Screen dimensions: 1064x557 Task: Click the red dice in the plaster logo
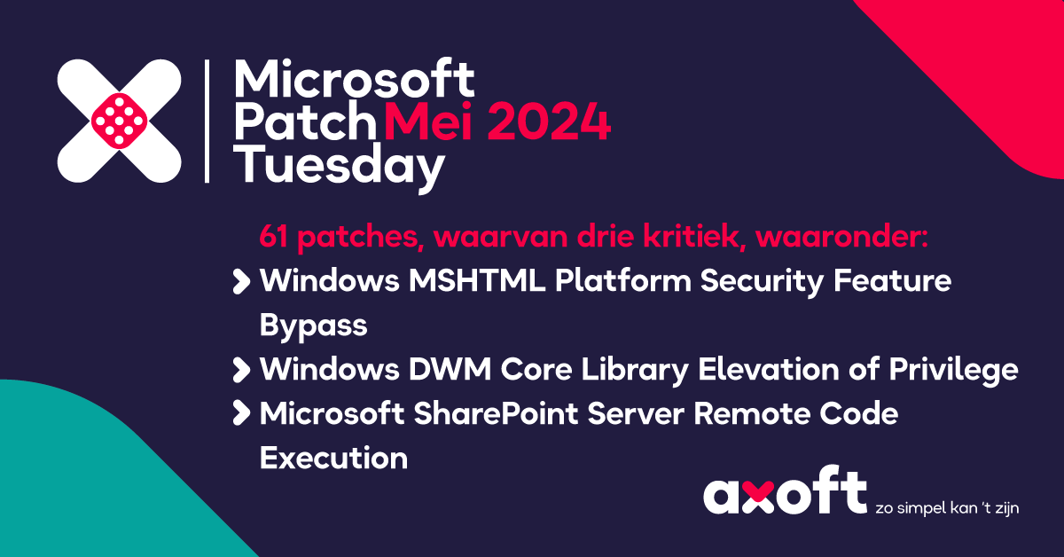(119, 122)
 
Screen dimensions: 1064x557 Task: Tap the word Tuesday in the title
(339, 167)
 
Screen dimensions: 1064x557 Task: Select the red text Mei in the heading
(428, 122)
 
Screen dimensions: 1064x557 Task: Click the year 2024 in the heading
(549, 122)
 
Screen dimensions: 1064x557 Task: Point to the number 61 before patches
(274, 236)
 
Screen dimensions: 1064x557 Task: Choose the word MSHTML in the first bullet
(477, 280)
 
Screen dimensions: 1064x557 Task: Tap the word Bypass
(314, 326)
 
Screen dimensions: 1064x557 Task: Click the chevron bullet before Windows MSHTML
(241, 282)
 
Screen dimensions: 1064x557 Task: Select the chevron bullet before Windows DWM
(241, 370)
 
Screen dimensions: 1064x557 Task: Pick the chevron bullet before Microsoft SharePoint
(241, 413)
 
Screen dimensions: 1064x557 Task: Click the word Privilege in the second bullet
(953, 370)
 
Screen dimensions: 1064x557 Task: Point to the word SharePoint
(496, 413)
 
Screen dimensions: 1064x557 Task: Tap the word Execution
(333, 459)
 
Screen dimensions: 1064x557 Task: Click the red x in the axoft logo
(759, 497)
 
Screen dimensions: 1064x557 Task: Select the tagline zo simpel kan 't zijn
(947, 508)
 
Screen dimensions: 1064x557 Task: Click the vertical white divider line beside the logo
(207, 122)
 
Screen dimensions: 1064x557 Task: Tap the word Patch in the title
(304, 122)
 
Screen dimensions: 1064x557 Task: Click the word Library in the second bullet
(635, 370)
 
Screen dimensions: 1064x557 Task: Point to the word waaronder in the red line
(841, 236)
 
